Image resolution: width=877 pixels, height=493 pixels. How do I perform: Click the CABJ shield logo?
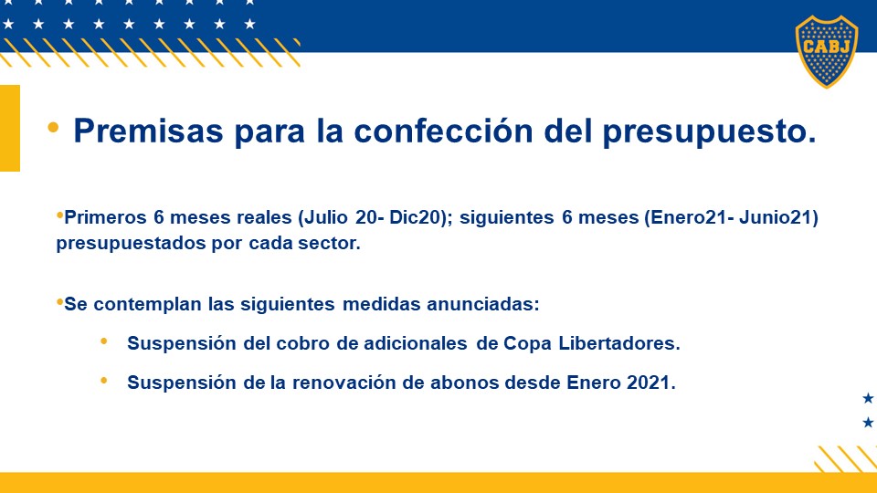click(x=827, y=51)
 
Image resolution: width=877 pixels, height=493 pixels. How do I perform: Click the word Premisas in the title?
click(x=148, y=131)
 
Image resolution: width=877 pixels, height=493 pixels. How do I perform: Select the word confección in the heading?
click(x=444, y=131)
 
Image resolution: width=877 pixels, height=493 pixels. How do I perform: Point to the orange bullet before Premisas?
click(x=53, y=128)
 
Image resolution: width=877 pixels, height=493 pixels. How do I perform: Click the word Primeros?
click(x=105, y=217)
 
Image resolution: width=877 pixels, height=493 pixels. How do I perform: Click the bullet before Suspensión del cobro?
click(x=104, y=341)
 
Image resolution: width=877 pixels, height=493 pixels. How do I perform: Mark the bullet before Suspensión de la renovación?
click(x=104, y=381)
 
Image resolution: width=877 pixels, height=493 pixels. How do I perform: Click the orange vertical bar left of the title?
click(x=10, y=128)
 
